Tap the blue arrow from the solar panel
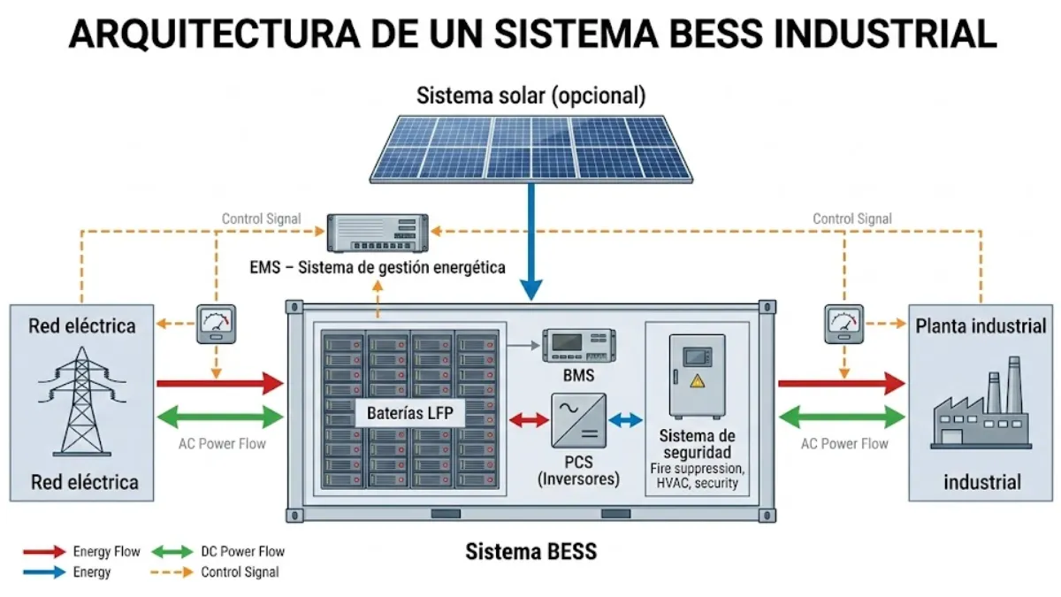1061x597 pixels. (x=530, y=239)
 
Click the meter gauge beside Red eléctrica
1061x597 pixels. (x=216, y=324)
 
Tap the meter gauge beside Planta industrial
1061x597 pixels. (x=843, y=324)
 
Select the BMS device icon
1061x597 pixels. (x=578, y=345)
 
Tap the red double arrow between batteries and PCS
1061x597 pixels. (x=530, y=421)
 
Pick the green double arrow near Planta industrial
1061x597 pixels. (x=841, y=417)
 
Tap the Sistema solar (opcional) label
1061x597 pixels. (x=530, y=95)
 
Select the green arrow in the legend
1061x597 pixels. (x=173, y=552)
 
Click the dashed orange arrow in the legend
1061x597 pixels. (x=173, y=572)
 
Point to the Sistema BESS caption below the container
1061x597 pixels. (x=530, y=552)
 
